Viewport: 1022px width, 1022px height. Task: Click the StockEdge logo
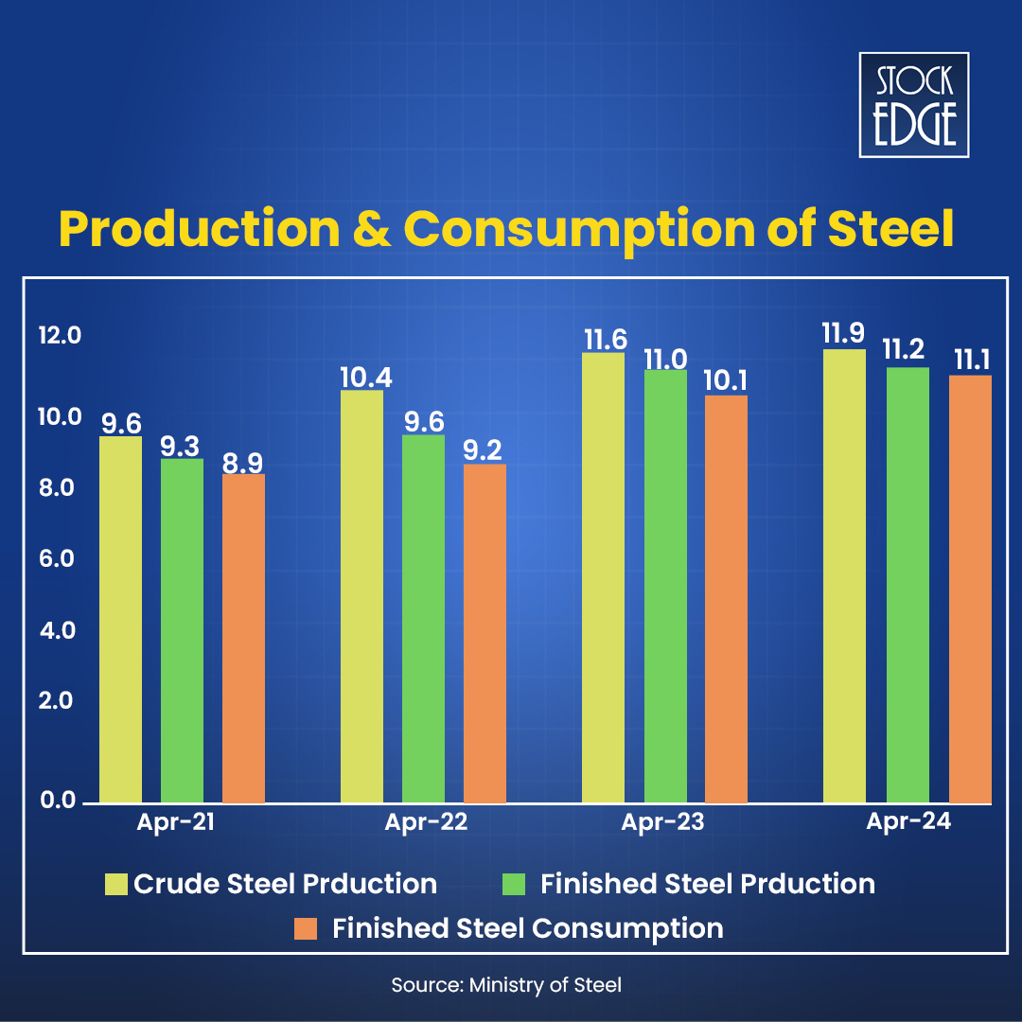pyautogui.click(x=913, y=104)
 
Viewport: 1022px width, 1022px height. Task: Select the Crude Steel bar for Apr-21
pyautogui.click(x=120, y=619)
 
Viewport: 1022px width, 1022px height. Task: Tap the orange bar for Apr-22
pyautogui.click(x=485, y=633)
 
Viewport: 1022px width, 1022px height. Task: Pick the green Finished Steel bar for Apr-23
pyautogui.click(x=665, y=586)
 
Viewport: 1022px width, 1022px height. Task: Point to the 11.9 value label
pyautogui.click(x=844, y=334)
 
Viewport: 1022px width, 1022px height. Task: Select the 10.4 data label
pyautogui.click(x=365, y=377)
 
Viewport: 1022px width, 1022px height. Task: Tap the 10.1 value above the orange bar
pyautogui.click(x=726, y=380)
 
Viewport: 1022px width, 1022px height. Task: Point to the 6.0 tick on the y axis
pyautogui.click(x=57, y=559)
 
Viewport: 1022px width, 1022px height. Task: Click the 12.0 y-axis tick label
pyautogui.click(x=60, y=336)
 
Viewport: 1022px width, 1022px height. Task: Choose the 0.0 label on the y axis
pyautogui.click(x=57, y=801)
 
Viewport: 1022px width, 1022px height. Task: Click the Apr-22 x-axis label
pyautogui.click(x=426, y=822)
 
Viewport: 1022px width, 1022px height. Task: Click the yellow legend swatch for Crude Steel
pyautogui.click(x=115, y=885)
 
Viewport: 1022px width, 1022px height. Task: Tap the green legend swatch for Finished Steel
pyautogui.click(x=512, y=885)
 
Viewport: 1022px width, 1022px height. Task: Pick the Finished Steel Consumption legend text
pyautogui.click(x=527, y=928)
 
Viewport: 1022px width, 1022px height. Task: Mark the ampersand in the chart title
pyautogui.click(x=370, y=229)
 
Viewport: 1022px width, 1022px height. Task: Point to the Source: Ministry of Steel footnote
pyautogui.click(x=506, y=985)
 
